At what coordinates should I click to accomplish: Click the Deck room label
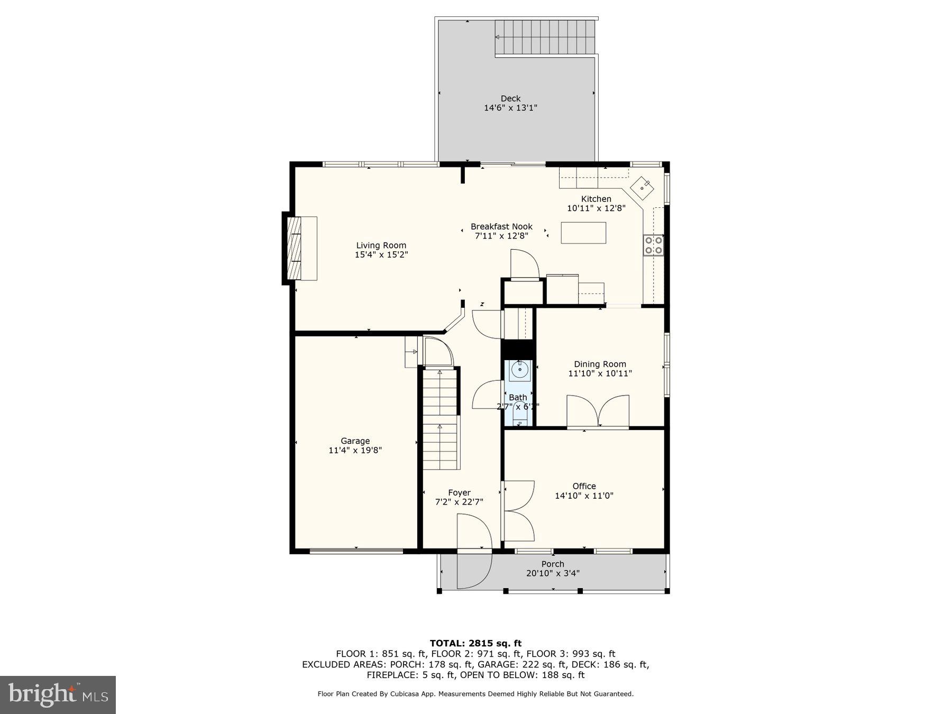point(510,98)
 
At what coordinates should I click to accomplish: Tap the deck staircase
point(545,37)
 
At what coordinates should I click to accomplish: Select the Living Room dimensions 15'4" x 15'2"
point(381,255)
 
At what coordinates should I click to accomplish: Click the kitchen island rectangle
point(583,233)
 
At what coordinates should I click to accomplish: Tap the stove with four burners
point(654,245)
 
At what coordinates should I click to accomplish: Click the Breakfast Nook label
point(501,226)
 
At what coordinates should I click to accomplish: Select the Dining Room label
point(600,364)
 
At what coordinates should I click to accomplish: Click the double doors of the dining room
point(598,411)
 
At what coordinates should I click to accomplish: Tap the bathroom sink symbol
point(519,370)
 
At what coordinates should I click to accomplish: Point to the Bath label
point(518,397)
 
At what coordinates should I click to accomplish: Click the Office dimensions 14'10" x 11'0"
point(584,496)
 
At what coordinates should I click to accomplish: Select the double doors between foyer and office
point(519,510)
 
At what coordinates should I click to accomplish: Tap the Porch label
point(553,564)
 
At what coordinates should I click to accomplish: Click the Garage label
point(355,441)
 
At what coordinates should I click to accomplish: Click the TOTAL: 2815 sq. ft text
point(475,643)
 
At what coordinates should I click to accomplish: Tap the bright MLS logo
point(58,694)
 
